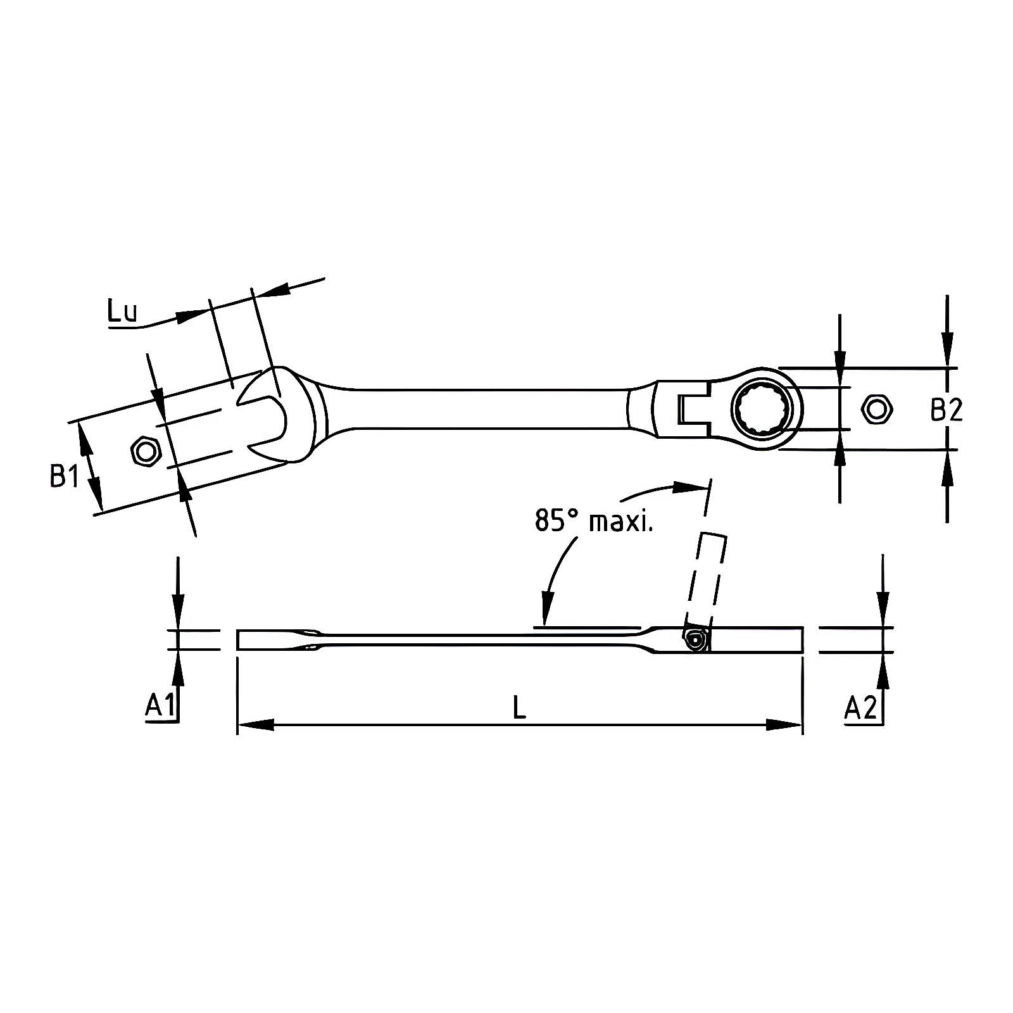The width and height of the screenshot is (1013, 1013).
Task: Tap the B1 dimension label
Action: click(64, 475)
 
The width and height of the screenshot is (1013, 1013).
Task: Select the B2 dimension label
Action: click(946, 410)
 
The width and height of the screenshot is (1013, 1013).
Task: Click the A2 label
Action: click(861, 707)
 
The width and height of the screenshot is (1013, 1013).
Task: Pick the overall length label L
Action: click(519, 707)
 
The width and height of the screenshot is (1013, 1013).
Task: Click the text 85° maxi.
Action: click(593, 520)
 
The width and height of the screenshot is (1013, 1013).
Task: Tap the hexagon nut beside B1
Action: click(146, 452)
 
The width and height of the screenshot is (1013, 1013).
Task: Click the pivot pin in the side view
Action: click(696, 641)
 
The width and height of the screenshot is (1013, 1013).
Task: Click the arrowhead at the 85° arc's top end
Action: click(689, 487)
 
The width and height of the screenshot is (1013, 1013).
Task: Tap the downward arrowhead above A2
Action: click(884, 609)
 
